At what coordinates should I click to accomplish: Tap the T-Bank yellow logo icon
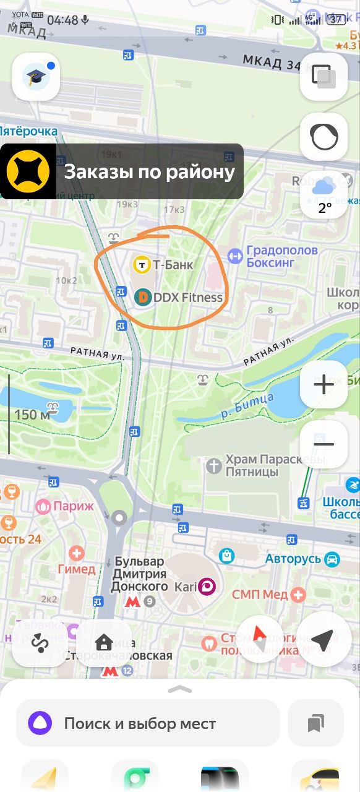click(x=142, y=265)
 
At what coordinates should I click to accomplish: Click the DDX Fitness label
click(x=187, y=298)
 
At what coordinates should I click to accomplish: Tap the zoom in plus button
click(x=324, y=384)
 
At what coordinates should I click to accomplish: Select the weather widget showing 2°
click(x=324, y=194)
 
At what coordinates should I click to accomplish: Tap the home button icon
click(x=103, y=642)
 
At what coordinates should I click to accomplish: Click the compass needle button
click(x=260, y=640)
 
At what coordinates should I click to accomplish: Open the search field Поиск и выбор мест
click(x=148, y=723)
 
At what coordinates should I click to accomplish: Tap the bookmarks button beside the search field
click(x=315, y=723)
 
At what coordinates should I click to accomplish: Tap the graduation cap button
click(x=36, y=77)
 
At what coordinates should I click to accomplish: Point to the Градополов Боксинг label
click(x=281, y=256)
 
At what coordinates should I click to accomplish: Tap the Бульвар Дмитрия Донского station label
click(x=140, y=573)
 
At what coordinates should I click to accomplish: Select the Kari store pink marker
click(x=206, y=586)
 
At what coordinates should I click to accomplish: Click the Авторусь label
click(x=293, y=559)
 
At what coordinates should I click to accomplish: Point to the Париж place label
click(x=73, y=506)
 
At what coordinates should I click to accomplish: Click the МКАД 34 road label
click(x=271, y=62)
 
